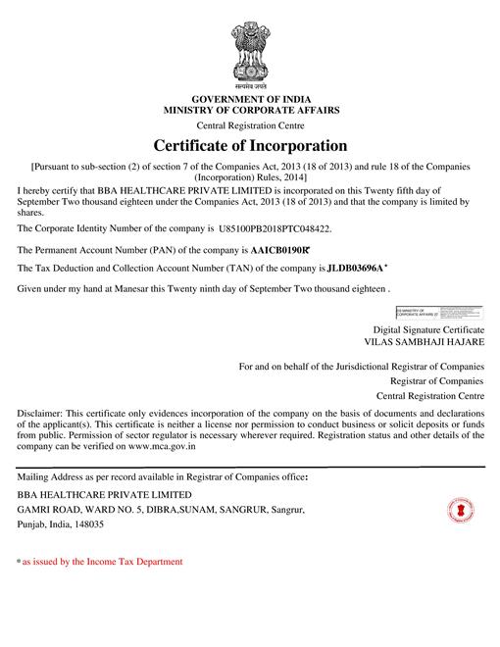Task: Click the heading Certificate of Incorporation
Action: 250,146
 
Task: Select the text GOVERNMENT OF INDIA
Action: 249,101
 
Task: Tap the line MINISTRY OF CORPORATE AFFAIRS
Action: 249,113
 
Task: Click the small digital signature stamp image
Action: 439,315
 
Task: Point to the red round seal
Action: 460,511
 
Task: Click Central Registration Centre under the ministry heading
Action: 249,126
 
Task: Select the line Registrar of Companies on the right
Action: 436,380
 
